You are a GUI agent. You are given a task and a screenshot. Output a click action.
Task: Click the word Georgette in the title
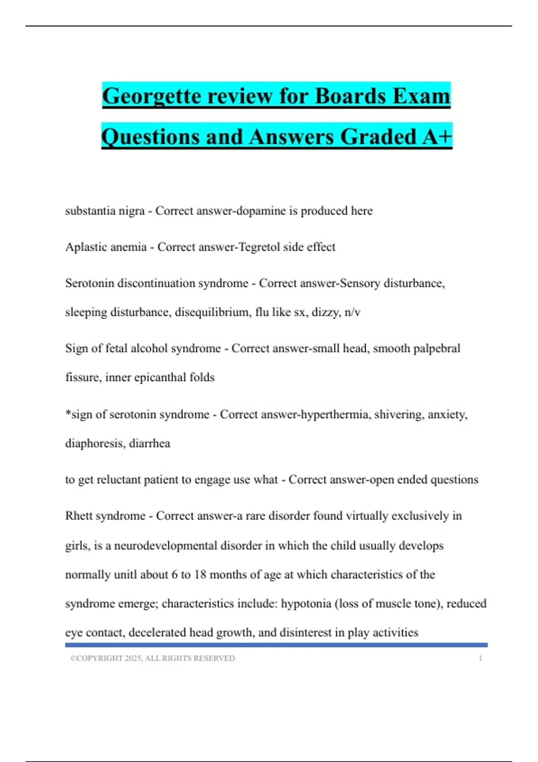pyautogui.click(x=151, y=96)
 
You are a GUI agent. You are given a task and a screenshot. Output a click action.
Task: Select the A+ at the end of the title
pyautogui.click(x=437, y=137)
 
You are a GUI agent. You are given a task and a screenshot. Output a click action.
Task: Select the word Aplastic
pyautogui.click(x=83, y=247)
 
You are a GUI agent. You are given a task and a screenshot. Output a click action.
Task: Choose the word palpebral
pyautogui.click(x=436, y=348)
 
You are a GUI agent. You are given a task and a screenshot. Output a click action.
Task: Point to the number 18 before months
pyautogui.click(x=200, y=575)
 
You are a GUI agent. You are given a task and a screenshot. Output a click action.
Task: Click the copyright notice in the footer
pyautogui.click(x=152, y=658)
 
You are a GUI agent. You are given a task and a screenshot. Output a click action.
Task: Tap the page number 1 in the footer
pyautogui.click(x=481, y=658)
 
